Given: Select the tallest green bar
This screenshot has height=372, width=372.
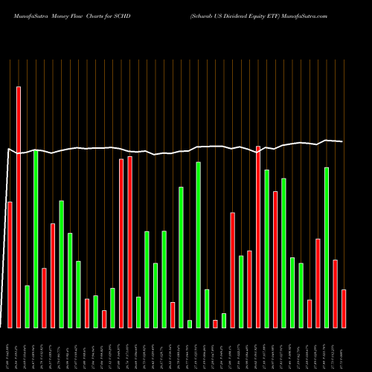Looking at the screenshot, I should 36,238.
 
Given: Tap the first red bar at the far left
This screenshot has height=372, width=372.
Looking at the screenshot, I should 10,264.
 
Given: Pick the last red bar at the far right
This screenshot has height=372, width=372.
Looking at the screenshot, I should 344,308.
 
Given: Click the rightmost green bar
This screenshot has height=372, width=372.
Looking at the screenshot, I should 327,247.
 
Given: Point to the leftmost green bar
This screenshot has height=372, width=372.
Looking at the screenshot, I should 27,306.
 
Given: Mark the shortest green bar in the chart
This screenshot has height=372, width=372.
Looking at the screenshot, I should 190,324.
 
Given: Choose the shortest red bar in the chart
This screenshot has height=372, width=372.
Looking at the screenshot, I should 215,324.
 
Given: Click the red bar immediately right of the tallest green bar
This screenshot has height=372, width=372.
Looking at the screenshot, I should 44,298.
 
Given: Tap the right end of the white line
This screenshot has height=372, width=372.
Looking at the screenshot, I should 343,141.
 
